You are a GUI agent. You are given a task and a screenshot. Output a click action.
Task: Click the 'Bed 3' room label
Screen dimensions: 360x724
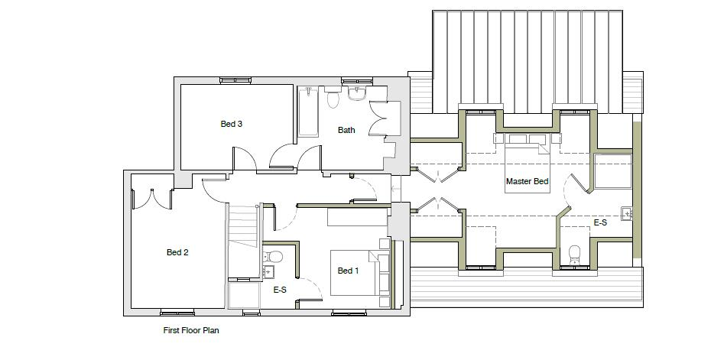point(231,124)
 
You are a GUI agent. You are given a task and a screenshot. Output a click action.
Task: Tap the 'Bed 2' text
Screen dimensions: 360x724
point(177,252)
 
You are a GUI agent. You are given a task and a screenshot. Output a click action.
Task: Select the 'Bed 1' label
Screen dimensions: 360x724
point(348,271)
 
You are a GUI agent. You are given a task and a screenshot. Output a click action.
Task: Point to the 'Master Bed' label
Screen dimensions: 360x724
point(527,182)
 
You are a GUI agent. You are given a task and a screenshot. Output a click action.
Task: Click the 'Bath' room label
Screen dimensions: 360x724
point(346,130)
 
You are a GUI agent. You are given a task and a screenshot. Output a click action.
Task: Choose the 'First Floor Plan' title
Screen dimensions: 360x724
point(191,331)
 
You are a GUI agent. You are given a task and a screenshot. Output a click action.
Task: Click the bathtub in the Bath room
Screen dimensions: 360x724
point(307,112)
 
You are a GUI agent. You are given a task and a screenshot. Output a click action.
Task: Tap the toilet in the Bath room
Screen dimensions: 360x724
point(333,99)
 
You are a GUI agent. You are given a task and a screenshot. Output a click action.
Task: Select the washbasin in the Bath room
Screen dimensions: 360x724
point(357,94)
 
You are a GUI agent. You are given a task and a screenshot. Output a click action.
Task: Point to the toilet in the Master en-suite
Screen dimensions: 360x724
point(576,255)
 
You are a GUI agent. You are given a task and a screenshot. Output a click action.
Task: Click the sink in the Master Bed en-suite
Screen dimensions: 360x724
point(627,213)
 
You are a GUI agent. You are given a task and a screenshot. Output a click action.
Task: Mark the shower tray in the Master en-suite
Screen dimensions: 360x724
point(612,171)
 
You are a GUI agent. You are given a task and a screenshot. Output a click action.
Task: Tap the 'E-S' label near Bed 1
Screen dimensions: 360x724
point(280,290)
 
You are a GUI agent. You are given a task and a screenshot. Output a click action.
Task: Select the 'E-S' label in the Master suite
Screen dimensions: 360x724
point(600,222)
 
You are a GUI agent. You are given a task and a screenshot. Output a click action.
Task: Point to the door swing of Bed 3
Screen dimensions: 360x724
point(245,157)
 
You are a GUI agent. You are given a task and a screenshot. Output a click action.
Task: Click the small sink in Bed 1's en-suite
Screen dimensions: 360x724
point(268,271)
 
